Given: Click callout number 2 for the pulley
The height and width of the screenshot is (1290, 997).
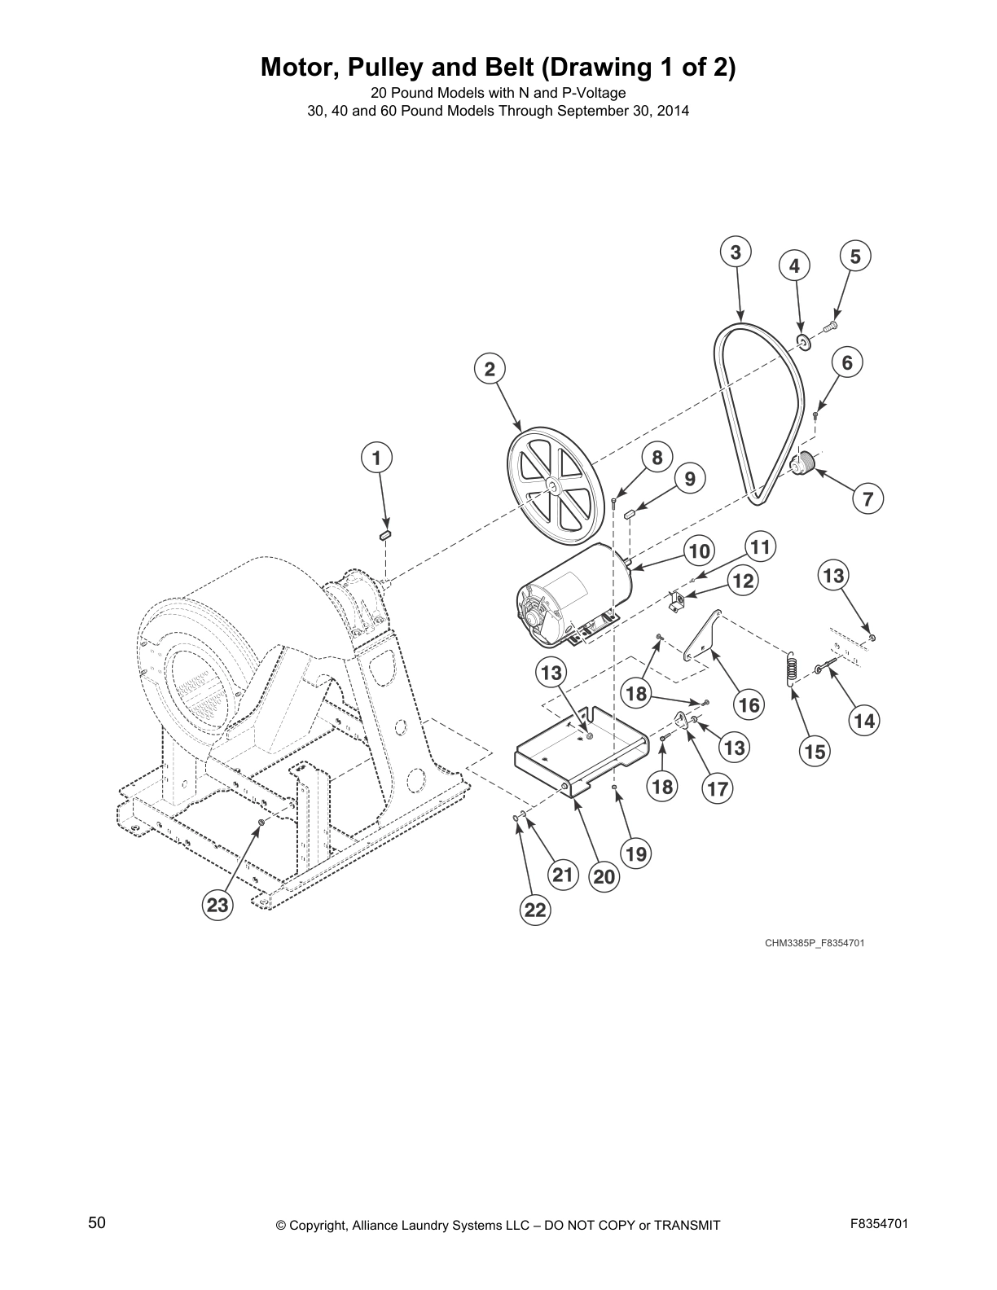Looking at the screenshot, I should (x=490, y=369).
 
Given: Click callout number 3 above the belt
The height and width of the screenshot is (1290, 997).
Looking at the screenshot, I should (x=735, y=252).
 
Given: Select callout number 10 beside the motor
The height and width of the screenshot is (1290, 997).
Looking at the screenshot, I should (x=698, y=551).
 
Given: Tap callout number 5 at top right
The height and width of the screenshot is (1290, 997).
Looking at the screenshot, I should (x=854, y=257).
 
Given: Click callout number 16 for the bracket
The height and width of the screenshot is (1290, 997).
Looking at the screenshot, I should (x=749, y=704).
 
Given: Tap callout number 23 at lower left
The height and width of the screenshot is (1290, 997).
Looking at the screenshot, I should (x=217, y=905).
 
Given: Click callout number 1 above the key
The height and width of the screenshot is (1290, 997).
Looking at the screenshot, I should (x=376, y=458).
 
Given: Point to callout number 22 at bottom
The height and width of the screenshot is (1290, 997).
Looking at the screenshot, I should (x=534, y=910).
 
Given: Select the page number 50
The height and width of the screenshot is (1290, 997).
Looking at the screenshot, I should (x=97, y=1222).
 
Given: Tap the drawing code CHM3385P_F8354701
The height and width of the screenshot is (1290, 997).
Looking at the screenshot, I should (x=814, y=943).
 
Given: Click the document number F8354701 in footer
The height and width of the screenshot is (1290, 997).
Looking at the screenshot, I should (x=879, y=1224).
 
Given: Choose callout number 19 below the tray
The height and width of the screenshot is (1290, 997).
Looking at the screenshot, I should (x=636, y=853).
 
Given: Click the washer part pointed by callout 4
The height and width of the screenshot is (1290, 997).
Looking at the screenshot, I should (x=803, y=341).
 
